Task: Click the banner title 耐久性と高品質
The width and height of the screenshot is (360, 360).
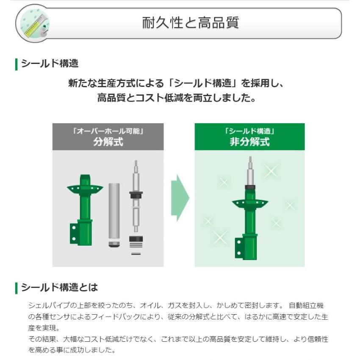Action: click(x=191, y=23)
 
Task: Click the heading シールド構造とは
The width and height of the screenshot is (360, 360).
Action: click(x=59, y=288)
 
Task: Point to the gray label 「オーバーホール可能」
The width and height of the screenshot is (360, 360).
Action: click(x=108, y=131)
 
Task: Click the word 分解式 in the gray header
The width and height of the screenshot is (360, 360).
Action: click(x=108, y=141)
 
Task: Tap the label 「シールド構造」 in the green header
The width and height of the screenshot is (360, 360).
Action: click(x=249, y=131)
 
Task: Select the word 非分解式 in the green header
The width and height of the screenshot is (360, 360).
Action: click(x=249, y=141)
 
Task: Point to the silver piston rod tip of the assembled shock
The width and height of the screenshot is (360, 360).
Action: click(x=250, y=163)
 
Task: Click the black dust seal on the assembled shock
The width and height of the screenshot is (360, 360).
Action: click(x=250, y=187)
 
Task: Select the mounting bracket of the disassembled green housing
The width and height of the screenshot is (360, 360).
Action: click(x=76, y=233)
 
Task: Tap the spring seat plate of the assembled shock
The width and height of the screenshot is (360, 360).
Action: click(x=250, y=203)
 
